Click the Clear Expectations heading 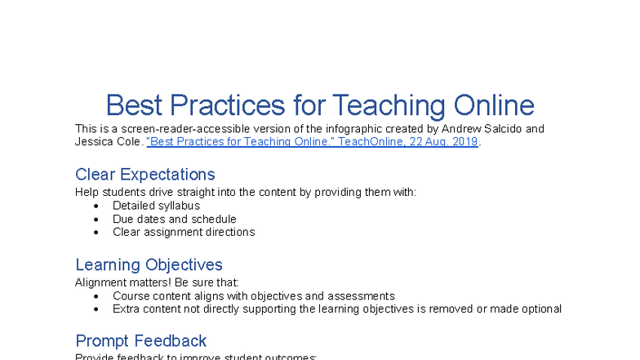pyautogui.click(x=145, y=174)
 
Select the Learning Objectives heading pyautogui.click(x=149, y=264)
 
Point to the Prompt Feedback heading pyautogui.click(x=140, y=340)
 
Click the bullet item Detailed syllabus pyautogui.click(x=156, y=206)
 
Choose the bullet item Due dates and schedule pyautogui.click(x=175, y=219)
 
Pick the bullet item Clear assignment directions pyautogui.click(x=184, y=232)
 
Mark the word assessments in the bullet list pyautogui.click(x=364, y=296)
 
